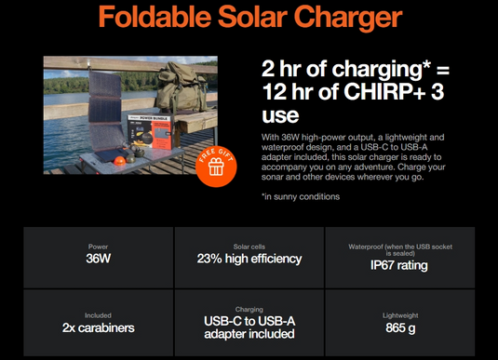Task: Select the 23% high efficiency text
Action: pyautogui.click(x=249, y=259)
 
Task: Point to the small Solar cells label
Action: pyautogui.click(x=249, y=246)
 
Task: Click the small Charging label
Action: pyautogui.click(x=249, y=309)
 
